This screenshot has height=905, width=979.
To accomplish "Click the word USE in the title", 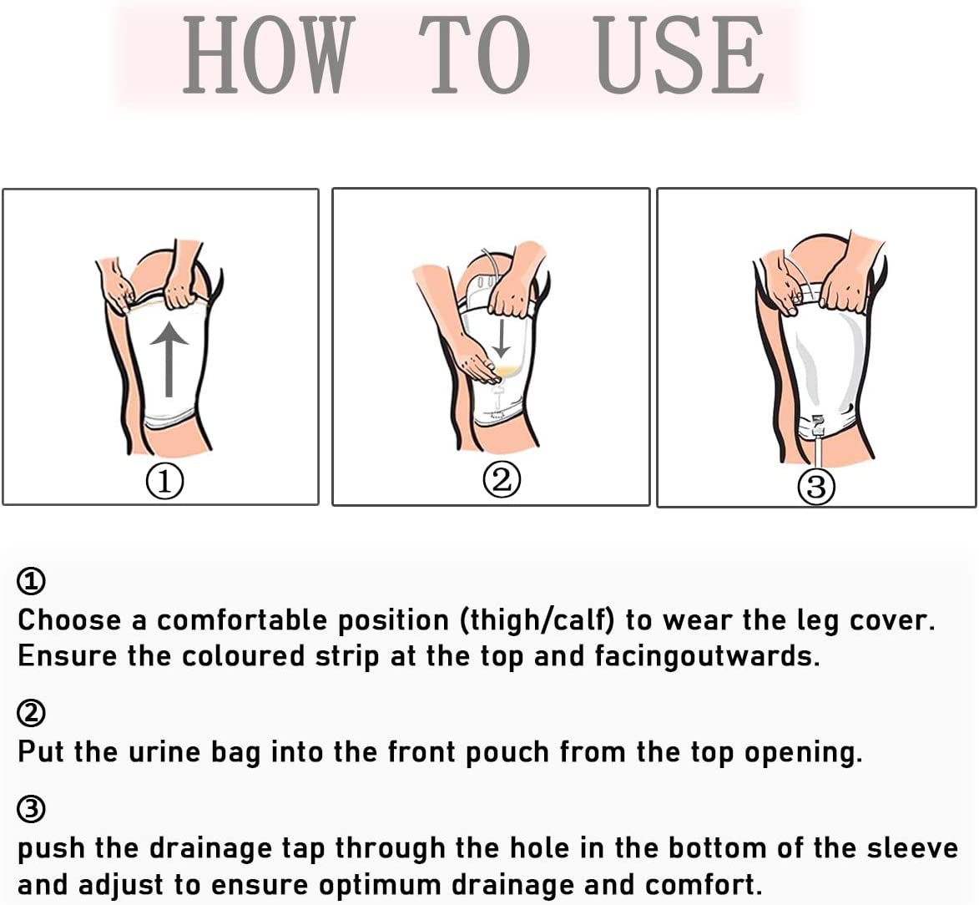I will [680, 56].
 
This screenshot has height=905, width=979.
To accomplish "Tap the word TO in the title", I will [474, 56].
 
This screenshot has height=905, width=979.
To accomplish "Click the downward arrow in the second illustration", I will [502, 337].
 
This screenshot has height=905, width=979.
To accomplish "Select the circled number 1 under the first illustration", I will [164, 482].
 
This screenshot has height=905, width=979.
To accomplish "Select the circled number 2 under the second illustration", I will [502, 479].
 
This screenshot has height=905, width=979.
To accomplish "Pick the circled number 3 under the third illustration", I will [816, 486].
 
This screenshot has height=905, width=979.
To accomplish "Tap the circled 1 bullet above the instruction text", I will [32, 581].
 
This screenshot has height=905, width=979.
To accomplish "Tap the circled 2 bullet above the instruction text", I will [32, 713].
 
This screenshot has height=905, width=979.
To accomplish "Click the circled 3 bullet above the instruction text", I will [32, 809].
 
